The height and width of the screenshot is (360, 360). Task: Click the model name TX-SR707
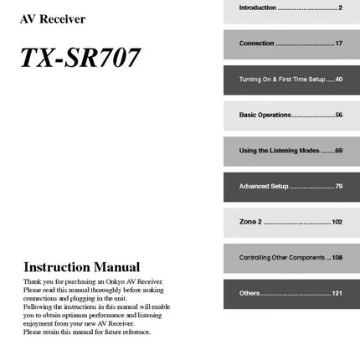80,59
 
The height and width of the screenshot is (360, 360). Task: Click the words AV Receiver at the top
52,19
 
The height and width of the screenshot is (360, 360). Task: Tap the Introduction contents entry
258,8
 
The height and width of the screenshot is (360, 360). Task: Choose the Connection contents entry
256,43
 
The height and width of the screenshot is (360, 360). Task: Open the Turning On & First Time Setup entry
280,80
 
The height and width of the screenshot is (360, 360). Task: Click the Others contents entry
249,293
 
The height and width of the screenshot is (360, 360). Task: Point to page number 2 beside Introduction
340,8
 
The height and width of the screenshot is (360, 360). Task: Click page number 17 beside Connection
338,43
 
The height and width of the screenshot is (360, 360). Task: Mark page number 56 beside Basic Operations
338,115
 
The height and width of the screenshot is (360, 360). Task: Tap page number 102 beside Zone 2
337,222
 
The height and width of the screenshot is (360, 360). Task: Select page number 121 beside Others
337,293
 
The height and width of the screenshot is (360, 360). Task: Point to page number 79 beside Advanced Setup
338,186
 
